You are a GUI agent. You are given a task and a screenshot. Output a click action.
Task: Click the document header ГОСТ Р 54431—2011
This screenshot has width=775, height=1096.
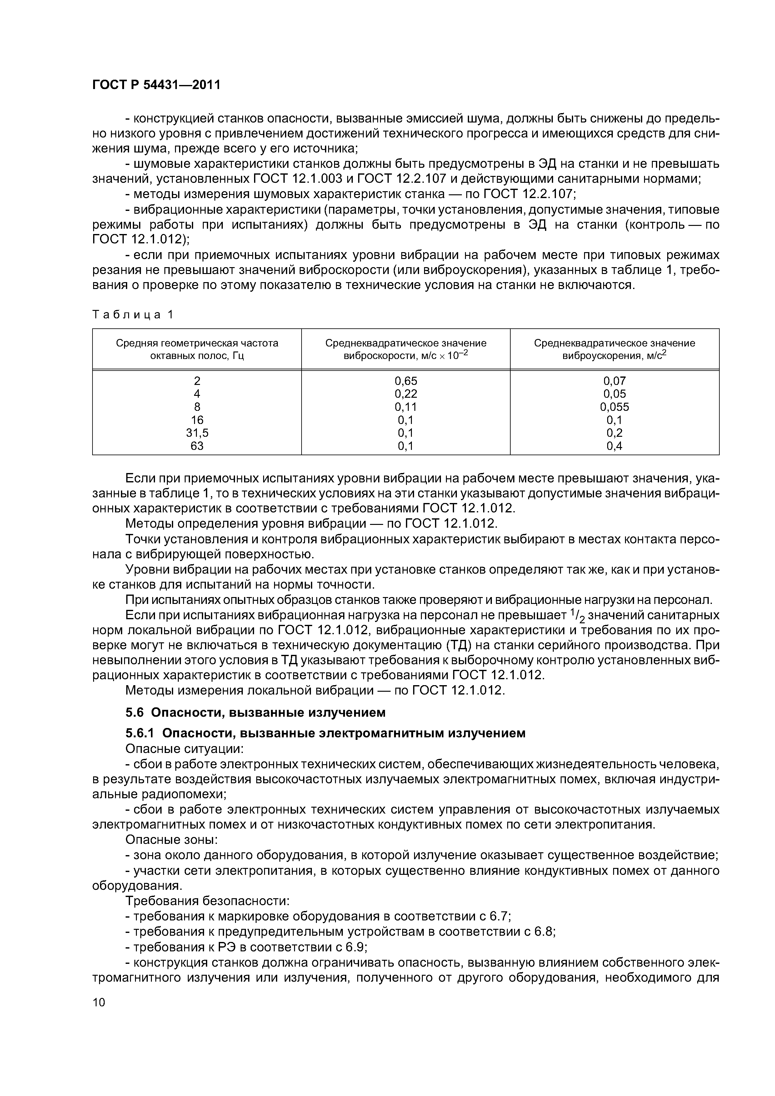pyautogui.click(x=156, y=85)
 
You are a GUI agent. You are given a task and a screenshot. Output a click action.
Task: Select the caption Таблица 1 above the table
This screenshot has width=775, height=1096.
pyautogui.click(x=133, y=315)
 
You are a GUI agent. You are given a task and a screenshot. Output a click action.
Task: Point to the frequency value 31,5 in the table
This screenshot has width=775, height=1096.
pyautogui.click(x=197, y=432)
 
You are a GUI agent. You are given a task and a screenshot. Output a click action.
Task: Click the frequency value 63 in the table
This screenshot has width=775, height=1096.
pyautogui.click(x=197, y=446)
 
